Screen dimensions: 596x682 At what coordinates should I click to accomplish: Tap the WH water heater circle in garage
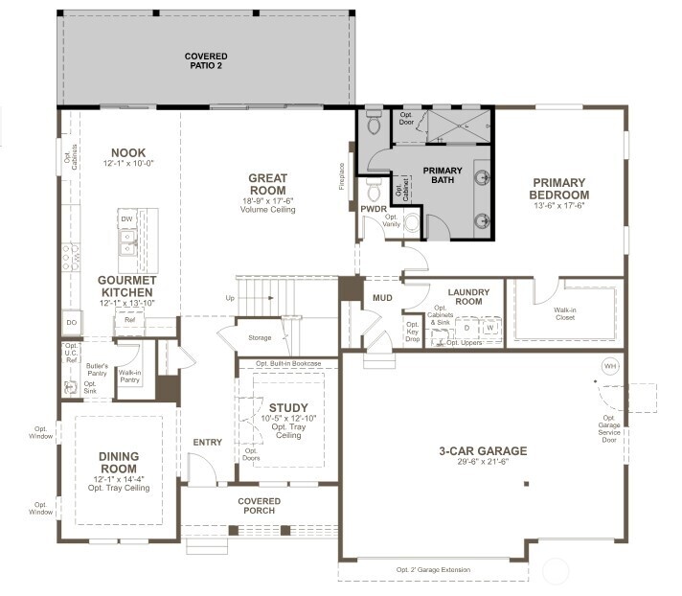point(609,366)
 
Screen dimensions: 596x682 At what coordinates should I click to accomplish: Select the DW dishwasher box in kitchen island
point(126,219)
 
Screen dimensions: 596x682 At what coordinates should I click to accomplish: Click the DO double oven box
point(72,323)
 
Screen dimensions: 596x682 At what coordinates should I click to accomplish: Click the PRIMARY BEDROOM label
point(560,189)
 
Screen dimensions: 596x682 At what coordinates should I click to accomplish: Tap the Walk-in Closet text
point(565,314)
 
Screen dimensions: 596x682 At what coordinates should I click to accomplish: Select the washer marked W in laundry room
point(490,328)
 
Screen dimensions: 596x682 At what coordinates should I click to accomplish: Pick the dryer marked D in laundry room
point(466,328)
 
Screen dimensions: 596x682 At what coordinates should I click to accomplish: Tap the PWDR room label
point(374,207)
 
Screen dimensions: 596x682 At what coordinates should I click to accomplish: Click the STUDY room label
point(287,407)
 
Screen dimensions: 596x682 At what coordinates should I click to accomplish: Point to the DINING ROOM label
point(120,462)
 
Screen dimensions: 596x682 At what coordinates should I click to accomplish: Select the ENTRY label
point(208,442)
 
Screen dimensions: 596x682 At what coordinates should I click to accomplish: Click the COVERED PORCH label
point(260,506)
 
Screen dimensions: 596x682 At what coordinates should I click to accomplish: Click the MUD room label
point(383,298)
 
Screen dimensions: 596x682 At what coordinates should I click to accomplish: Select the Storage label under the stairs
point(259,336)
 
